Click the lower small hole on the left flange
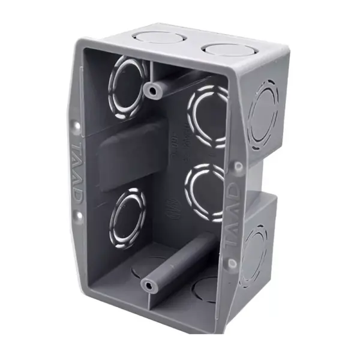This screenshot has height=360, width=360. tap(77, 214)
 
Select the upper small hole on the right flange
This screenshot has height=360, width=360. tap(238, 166)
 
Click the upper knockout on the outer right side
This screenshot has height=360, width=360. tap(262, 114)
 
